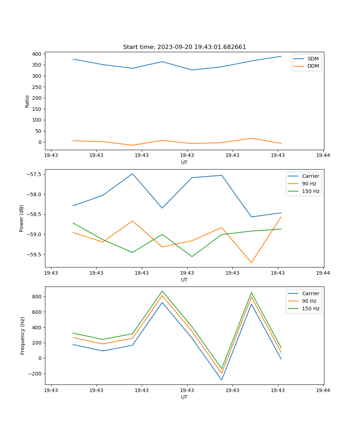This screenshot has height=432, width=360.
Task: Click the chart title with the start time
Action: pos(184,47)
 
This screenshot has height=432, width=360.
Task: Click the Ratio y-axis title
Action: pos(27,101)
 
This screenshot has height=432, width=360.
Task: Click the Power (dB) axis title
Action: pos(22,218)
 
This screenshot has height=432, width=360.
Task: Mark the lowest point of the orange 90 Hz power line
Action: pos(251,262)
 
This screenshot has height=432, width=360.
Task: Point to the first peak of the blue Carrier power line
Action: pos(132,174)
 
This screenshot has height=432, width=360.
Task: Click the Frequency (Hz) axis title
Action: pos(22,336)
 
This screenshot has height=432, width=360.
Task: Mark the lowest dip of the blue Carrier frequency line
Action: pos(221,380)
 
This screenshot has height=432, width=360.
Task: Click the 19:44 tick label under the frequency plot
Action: pos(323,390)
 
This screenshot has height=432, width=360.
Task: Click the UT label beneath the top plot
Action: pos(184,162)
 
